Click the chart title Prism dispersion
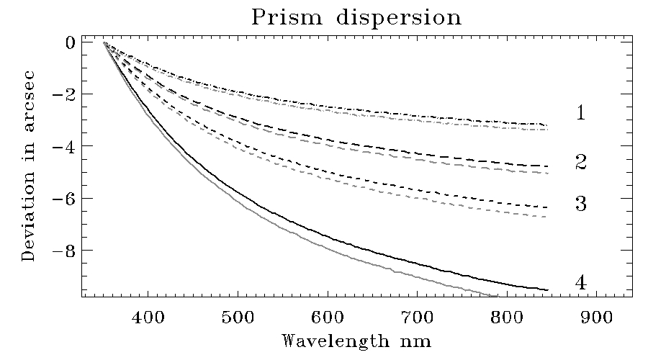tap(355, 17)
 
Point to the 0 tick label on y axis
tap(70, 42)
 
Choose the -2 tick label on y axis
tap(65, 94)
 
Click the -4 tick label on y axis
tap(65, 146)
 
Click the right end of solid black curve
tap(548, 289)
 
